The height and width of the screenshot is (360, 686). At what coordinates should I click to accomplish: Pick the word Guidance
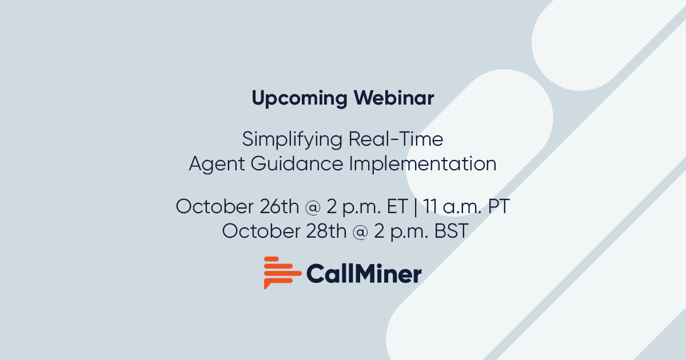294,165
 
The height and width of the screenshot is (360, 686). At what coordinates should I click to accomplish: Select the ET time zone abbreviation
398,206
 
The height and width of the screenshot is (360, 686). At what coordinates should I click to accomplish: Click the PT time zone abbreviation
498,206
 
